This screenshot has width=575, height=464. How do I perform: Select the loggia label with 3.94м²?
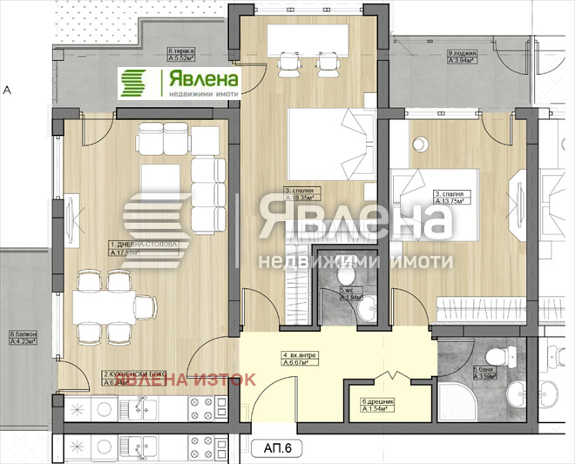tap(423, 57)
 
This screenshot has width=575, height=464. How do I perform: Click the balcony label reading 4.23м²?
tap(24, 337)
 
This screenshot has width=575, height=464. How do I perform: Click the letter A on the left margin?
tap(6, 89)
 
